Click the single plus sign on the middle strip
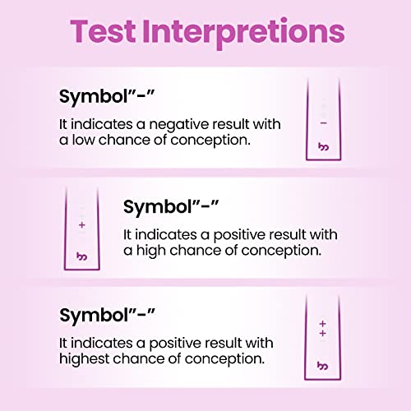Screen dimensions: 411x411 pos(81,224)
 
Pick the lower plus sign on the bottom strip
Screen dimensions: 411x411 pos(322,335)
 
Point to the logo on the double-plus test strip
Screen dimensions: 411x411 pos(322,364)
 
